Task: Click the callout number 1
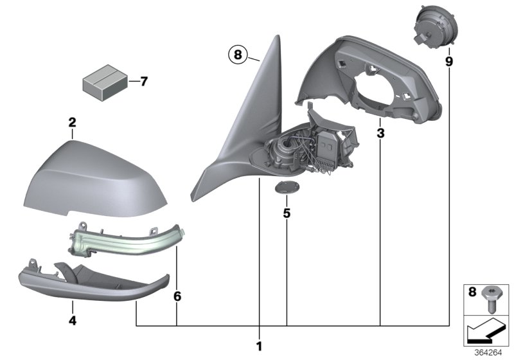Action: tap(260, 346)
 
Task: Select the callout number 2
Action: tap(73, 122)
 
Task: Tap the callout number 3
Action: tap(380, 134)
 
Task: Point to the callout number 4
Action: tap(72, 317)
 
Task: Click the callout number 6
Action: tap(177, 296)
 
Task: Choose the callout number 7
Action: tap(143, 82)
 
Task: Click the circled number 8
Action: tap(237, 56)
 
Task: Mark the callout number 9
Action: tap(448, 61)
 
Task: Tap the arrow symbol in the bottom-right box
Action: tap(485, 331)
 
